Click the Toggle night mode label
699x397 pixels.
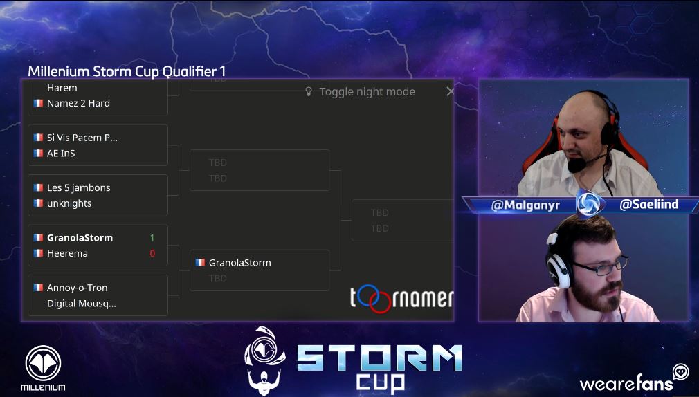click(x=367, y=91)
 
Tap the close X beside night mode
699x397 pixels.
click(x=451, y=91)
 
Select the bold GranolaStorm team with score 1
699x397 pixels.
click(x=80, y=237)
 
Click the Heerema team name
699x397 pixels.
click(x=66, y=253)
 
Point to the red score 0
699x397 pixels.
click(x=152, y=253)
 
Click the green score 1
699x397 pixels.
click(x=152, y=237)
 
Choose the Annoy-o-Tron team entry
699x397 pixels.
click(x=77, y=288)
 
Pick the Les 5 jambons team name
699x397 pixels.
click(x=78, y=187)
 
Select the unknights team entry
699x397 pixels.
click(x=69, y=203)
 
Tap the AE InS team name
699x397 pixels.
click(x=61, y=153)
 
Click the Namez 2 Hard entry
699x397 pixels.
click(x=78, y=103)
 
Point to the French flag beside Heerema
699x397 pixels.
click(x=38, y=253)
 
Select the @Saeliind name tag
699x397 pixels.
click(x=648, y=205)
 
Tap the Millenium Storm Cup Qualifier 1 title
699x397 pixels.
click(x=127, y=71)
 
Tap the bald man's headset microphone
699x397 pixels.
click(x=574, y=166)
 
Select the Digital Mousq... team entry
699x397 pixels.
click(x=81, y=303)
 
